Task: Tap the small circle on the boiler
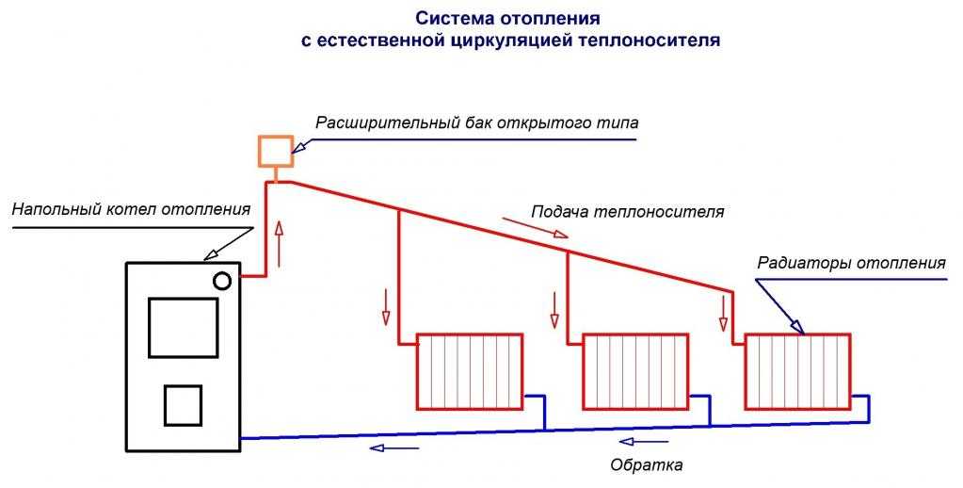pos(222,281)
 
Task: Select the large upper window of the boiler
pos(183,327)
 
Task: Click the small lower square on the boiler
pos(183,406)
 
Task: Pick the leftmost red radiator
pos(470,370)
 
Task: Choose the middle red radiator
pos(635,370)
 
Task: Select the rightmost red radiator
pos(798,370)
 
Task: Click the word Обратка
pos(646,464)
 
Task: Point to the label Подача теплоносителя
pos(628,212)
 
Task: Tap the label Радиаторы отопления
pos(851,263)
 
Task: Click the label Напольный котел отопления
pos(131,208)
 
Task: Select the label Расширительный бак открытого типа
pos(476,123)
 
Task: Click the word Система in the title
pos(450,19)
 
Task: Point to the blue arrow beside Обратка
pos(646,442)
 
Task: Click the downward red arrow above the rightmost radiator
pos(723,312)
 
